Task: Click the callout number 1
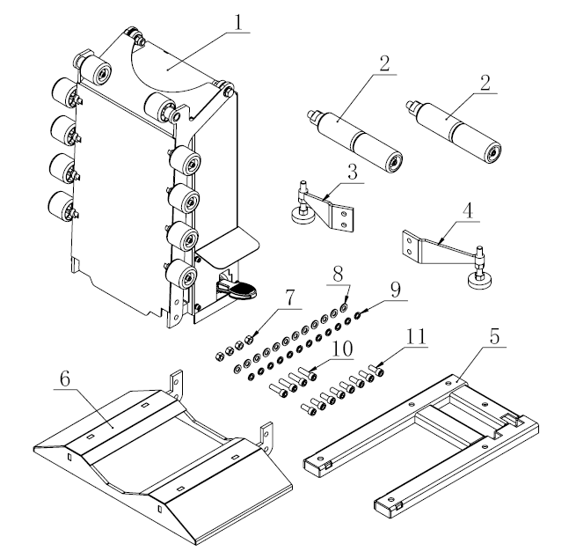click(x=237, y=22)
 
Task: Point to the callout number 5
click(x=498, y=335)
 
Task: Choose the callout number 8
click(x=336, y=275)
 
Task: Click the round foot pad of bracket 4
click(x=480, y=281)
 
